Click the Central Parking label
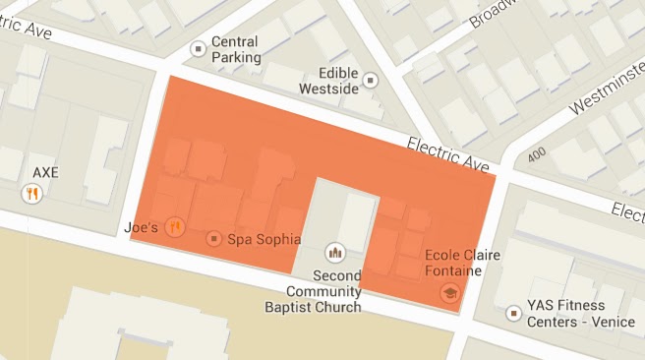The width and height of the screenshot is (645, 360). coord(237,50)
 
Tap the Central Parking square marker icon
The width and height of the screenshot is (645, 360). coord(198,45)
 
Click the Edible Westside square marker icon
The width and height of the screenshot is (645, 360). coord(371,80)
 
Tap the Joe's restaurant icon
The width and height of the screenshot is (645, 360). coord(175,226)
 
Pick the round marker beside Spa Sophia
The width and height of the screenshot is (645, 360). coord(214,238)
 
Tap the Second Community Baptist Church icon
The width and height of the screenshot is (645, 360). coord(335,252)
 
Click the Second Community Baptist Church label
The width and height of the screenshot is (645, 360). coord(324,291)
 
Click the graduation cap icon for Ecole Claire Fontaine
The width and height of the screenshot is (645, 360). coord(450,293)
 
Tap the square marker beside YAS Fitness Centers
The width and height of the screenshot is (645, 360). coord(512,313)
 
